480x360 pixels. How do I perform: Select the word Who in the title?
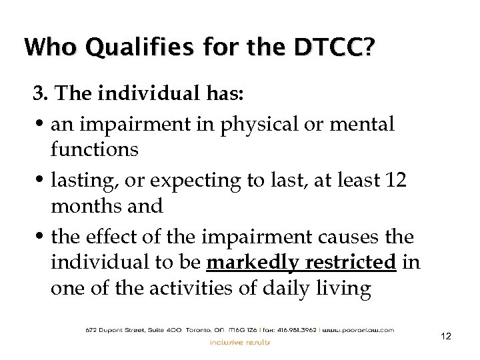(47, 48)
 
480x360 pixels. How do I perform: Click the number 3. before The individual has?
(41, 95)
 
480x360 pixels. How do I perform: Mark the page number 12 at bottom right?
(446, 337)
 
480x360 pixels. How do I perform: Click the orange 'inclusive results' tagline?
(240, 343)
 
